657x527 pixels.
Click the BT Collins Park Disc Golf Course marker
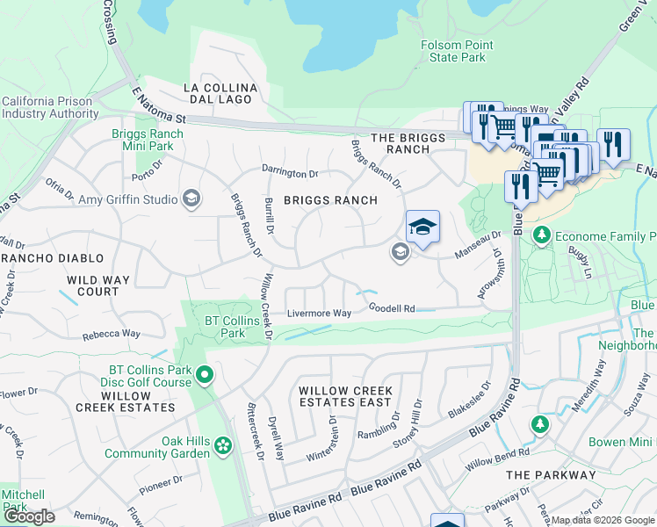tap(205, 376)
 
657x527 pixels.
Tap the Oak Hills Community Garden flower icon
tap(223, 446)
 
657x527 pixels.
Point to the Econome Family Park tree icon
tap(543, 235)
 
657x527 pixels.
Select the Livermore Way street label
tap(320, 314)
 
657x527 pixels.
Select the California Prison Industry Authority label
tap(50, 107)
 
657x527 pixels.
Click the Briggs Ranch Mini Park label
tap(148, 141)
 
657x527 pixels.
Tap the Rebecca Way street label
tap(112, 334)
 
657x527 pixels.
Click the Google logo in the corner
tap(30, 516)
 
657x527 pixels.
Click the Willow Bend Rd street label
tap(498, 458)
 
